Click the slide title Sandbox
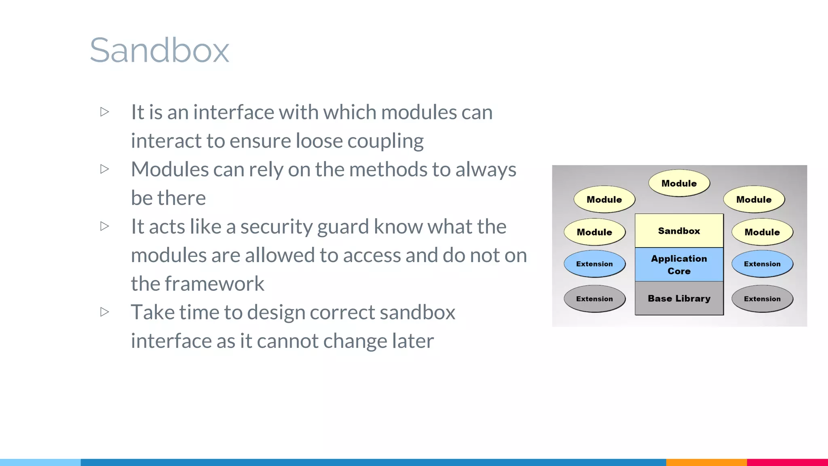(159, 50)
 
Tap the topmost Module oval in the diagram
(679, 183)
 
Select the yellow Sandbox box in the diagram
(679, 231)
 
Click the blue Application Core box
(679, 265)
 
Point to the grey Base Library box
(679, 298)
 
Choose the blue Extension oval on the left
(594, 264)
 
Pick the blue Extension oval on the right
(762, 264)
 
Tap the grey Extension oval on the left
(594, 299)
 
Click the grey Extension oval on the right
(762, 299)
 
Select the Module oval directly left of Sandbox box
(594, 232)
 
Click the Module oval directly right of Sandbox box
(762, 232)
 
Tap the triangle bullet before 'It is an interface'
(105, 112)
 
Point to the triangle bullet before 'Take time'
(105, 312)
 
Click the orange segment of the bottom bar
(706, 462)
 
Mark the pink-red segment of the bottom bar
(787, 462)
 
